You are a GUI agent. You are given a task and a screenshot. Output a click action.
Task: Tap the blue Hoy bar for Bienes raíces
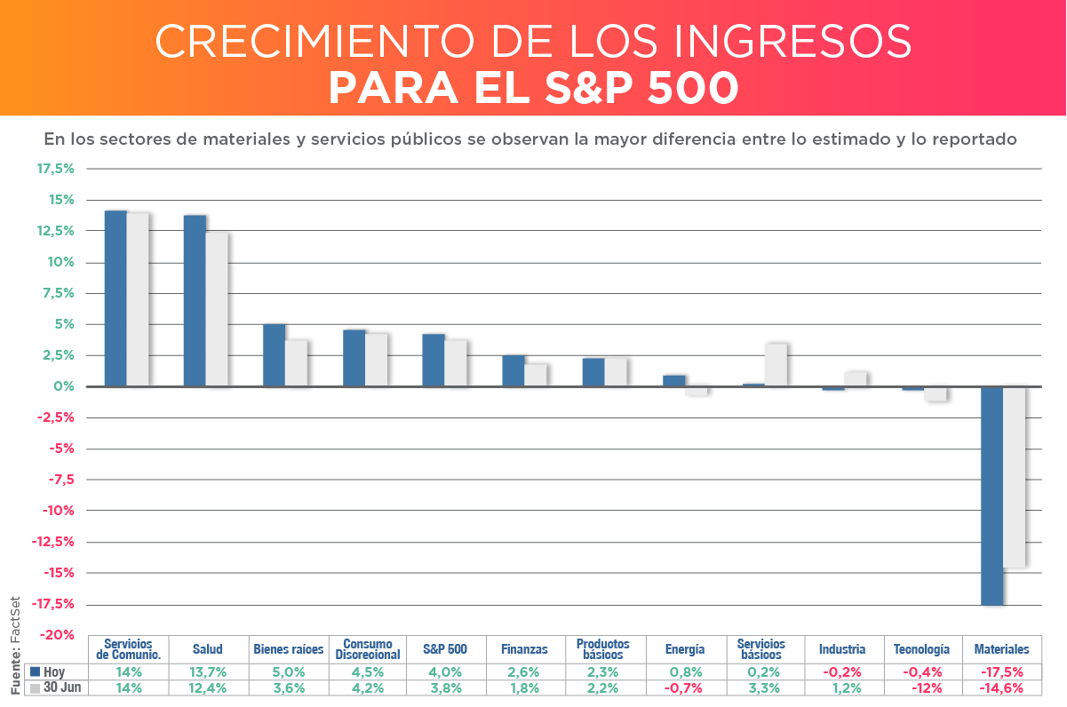pos(274,355)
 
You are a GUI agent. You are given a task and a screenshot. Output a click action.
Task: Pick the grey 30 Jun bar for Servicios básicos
pos(775,364)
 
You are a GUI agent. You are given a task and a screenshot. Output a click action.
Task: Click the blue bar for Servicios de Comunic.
pos(115,298)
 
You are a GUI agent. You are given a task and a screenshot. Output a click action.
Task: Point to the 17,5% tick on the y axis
pos(55,169)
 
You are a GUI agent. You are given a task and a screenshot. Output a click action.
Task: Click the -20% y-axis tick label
pos(55,635)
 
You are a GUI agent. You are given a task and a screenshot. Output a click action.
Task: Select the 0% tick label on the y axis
pos(62,386)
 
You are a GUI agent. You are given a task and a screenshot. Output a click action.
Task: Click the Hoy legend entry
pos(50,671)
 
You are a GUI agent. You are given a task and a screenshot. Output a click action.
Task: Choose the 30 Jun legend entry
pos(55,687)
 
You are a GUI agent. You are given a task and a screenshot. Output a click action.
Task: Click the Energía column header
pos(684,649)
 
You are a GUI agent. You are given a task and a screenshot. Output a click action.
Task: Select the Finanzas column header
pos(524,649)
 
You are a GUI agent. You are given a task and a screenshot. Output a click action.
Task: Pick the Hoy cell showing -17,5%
pos(1002,671)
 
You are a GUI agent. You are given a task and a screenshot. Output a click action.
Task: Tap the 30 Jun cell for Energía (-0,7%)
pos(684,687)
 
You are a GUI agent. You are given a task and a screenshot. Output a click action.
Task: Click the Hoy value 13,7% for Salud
pos(207,671)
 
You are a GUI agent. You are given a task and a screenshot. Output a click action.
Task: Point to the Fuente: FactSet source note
pos(15,645)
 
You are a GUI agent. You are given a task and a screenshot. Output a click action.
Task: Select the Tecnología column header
pos(921,649)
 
